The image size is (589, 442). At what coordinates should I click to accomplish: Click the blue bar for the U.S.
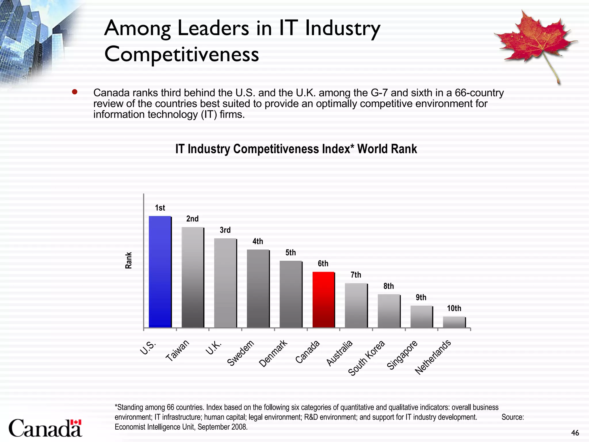pyautogui.click(x=160, y=272)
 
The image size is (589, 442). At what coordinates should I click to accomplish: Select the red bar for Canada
pyautogui.click(x=323, y=300)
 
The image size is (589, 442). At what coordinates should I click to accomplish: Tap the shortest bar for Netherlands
pyautogui.click(x=454, y=322)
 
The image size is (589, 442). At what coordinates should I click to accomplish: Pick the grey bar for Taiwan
pyautogui.click(x=192, y=277)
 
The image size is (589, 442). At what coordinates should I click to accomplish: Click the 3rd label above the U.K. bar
pyautogui.click(x=225, y=230)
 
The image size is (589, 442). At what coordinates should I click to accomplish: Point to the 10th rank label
pyautogui.click(x=454, y=308)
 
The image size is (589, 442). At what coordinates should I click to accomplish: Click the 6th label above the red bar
pyautogui.click(x=323, y=263)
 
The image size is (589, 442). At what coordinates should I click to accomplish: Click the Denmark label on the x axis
pyautogui.click(x=273, y=353)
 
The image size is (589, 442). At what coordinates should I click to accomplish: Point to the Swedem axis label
pyautogui.click(x=241, y=353)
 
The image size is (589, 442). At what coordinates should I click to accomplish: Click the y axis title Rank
pyautogui.click(x=129, y=260)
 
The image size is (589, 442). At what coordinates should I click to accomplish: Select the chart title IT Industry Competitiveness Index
pyautogui.click(x=296, y=149)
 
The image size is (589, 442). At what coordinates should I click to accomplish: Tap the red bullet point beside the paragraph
pyautogui.click(x=75, y=92)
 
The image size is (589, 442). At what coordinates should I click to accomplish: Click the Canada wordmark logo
pyautogui.click(x=45, y=428)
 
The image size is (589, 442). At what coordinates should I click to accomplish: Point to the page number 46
pyautogui.click(x=575, y=433)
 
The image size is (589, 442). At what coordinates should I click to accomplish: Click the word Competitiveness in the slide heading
pyautogui.click(x=181, y=54)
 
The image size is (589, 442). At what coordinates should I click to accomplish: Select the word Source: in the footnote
pyautogui.click(x=512, y=417)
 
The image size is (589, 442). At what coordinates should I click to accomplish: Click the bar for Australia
pyautogui.click(x=356, y=305)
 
